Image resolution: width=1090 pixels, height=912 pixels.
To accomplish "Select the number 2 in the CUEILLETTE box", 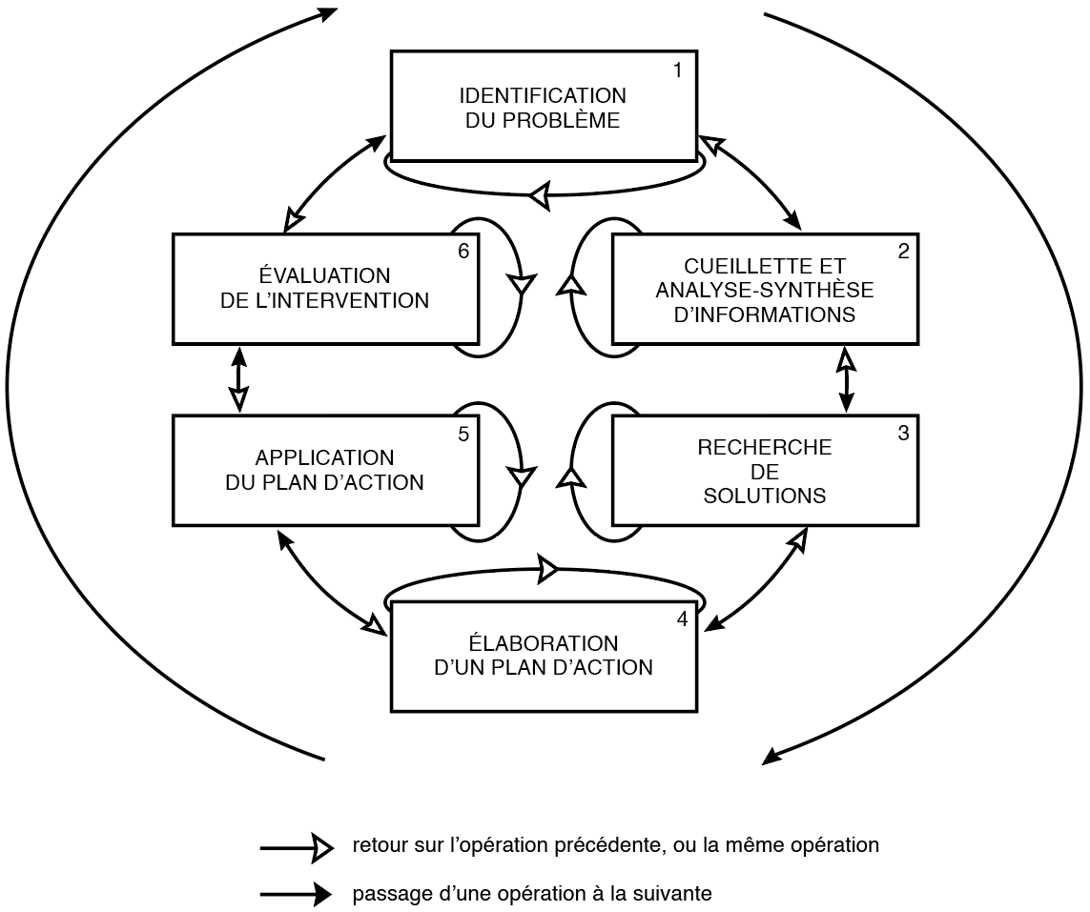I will [903, 252].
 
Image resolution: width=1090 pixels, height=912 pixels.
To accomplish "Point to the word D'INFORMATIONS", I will [764, 314].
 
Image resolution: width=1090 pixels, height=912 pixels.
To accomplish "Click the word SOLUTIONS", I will [764, 497].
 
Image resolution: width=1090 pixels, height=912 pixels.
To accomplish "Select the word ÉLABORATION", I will [543, 643].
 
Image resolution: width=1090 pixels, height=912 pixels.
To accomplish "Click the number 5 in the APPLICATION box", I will [463, 434].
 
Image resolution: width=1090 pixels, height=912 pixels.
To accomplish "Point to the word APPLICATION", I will [324, 458].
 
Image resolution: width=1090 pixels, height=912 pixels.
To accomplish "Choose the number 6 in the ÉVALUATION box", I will [463, 252].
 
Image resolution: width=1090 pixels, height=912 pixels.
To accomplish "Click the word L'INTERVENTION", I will [350, 300].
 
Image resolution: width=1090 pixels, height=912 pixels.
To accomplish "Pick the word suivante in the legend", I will [676, 894].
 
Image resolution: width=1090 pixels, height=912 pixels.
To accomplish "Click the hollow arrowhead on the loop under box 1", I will [540, 196].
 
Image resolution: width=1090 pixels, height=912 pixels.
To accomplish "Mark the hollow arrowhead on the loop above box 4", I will [547, 569].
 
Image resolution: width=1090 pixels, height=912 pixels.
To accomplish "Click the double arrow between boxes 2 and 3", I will [845, 379].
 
